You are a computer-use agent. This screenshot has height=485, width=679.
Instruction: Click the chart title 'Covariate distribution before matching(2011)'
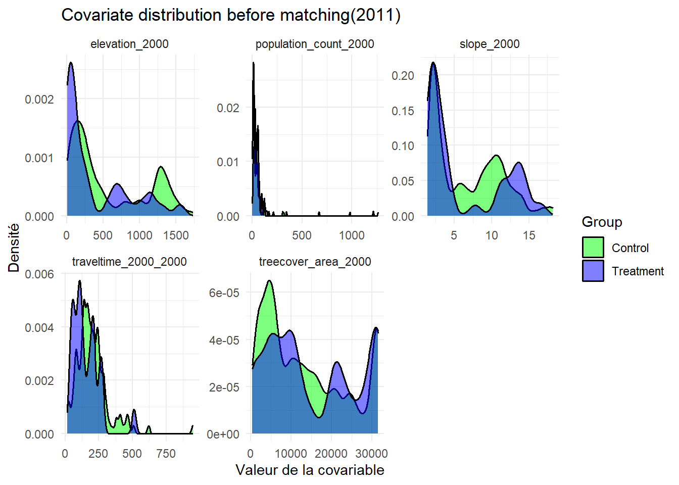(x=231, y=15)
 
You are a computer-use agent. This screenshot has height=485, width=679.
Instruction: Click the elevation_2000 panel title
(x=129, y=44)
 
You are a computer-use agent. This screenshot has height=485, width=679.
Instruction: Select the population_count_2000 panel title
(x=315, y=44)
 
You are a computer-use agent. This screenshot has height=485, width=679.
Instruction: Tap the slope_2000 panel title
(x=489, y=44)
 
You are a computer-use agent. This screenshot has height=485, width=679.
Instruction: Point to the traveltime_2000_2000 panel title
(x=129, y=262)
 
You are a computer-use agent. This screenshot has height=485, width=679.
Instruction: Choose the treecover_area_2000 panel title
(x=315, y=262)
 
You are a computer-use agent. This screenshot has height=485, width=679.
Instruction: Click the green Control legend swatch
(x=593, y=248)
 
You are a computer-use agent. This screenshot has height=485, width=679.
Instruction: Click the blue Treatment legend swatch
(x=593, y=271)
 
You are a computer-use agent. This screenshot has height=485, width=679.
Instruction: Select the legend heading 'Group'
(x=602, y=222)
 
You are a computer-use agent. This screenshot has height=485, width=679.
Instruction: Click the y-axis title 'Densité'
(x=14, y=248)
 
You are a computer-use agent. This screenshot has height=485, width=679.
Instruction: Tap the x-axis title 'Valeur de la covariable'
(x=310, y=470)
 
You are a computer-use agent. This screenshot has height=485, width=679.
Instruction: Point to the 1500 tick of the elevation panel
(x=175, y=235)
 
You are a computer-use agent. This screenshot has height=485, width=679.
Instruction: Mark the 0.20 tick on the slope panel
(x=403, y=76)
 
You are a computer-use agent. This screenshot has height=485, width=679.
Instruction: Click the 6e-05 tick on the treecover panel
(x=224, y=293)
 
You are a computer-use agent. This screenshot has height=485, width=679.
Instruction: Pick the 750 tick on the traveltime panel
(x=166, y=454)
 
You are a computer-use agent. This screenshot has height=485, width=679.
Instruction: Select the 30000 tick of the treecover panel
(x=371, y=454)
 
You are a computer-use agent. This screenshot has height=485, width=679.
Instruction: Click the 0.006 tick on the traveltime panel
(x=39, y=274)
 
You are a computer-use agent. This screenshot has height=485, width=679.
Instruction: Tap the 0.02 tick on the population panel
(x=228, y=108)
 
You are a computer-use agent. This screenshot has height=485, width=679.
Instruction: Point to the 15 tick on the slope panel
(x=528, y=235)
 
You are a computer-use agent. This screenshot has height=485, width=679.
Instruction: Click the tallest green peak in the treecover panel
(x=269, y=282)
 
